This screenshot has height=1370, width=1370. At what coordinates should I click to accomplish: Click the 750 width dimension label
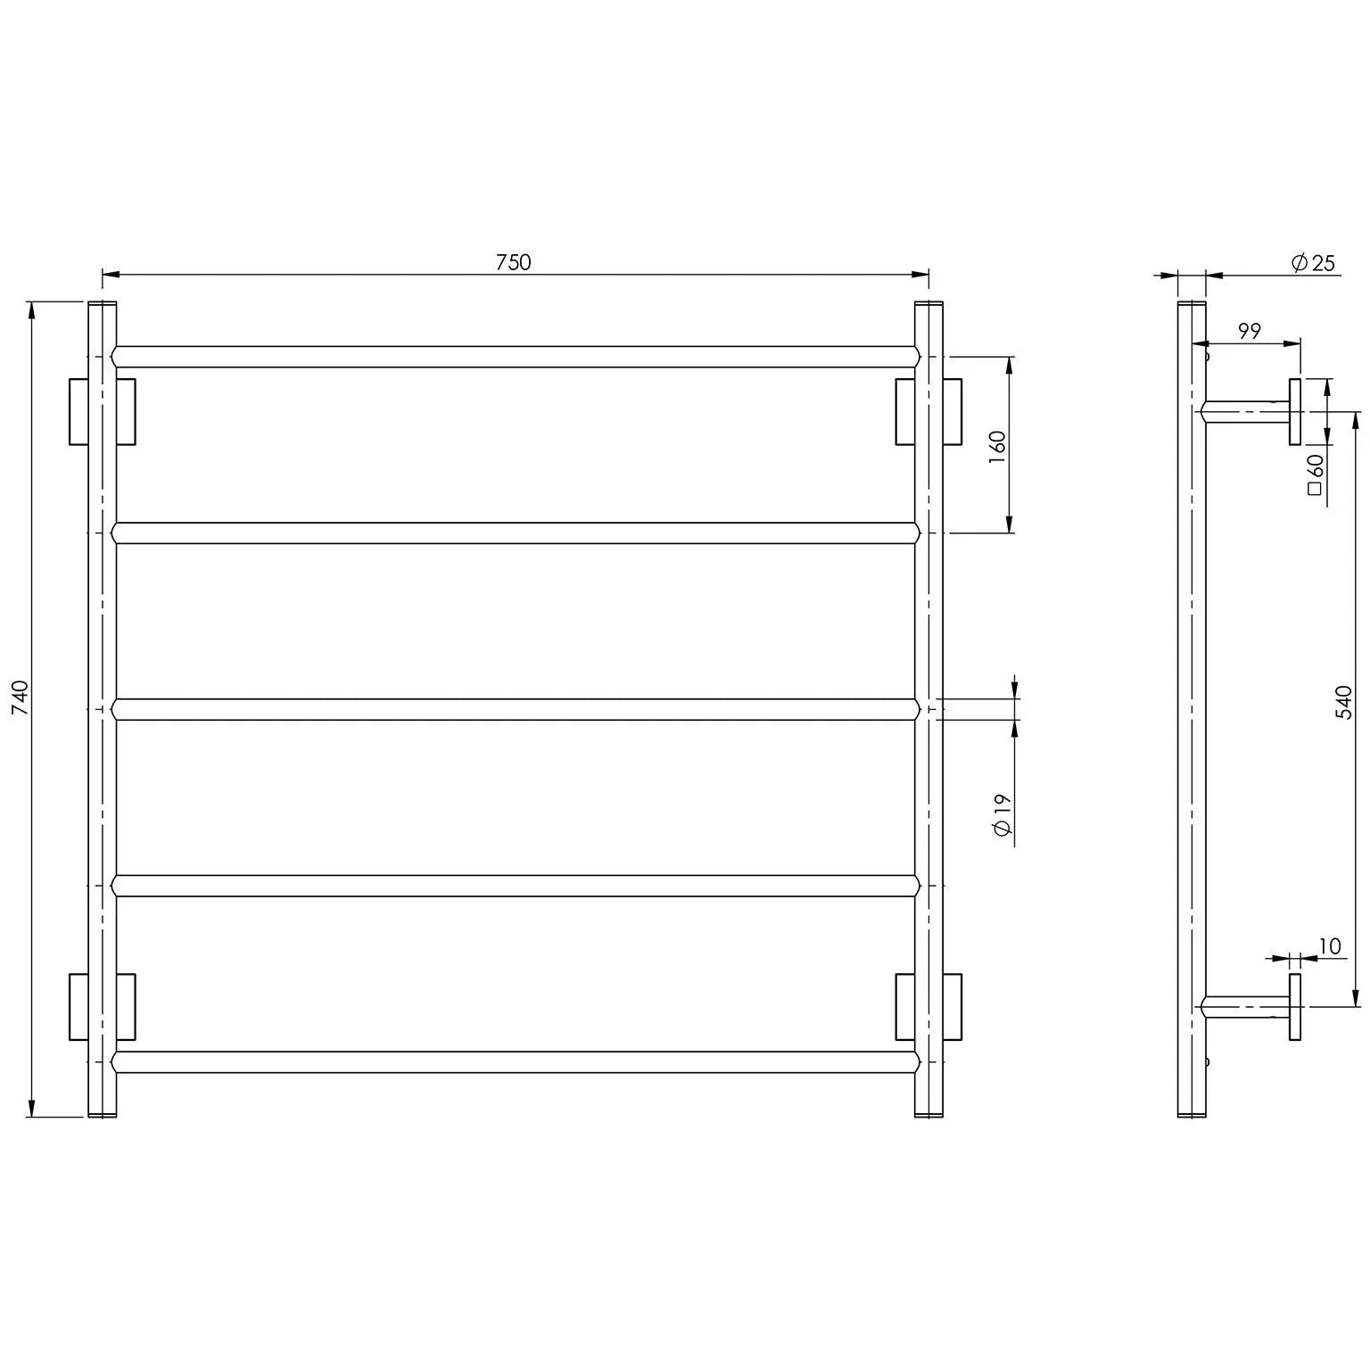click(513, 262)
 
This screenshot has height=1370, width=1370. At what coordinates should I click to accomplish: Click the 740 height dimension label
click(21, 697)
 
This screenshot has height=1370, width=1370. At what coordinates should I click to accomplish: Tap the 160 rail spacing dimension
click(997, 445)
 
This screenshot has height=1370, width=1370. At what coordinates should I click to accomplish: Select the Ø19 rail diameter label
click(1001, 813)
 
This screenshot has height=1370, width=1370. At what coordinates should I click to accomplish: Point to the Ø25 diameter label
click(1313, 262)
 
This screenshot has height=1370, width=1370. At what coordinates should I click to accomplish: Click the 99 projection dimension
click(1250, 331)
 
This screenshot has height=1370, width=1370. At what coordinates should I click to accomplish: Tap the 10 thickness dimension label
click(1329, 946)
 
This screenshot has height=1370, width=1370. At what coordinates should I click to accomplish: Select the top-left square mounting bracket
click(102, 411)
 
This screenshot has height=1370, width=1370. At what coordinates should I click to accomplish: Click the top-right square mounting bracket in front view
click(928, 411)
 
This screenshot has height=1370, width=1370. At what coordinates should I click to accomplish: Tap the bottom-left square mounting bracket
click(102, 1006)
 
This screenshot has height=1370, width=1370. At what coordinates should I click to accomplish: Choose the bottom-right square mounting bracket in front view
click(928, 1006)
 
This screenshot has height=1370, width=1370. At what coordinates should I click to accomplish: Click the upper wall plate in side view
click(1295, 411)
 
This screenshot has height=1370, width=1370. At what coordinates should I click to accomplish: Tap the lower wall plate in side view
click(1295, 1006)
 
